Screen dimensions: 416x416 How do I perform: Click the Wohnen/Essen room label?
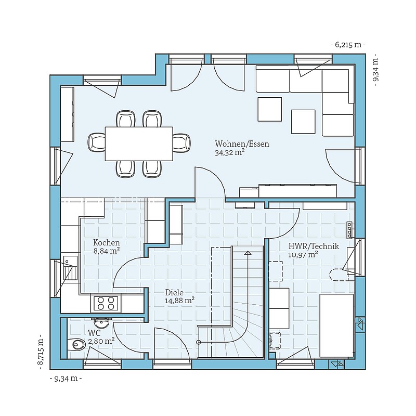242,144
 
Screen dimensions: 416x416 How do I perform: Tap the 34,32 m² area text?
229,152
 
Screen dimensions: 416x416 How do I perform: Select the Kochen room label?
107,242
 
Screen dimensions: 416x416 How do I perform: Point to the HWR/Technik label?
314,246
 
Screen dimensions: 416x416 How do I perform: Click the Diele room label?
174,292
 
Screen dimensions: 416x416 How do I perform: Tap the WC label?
94,333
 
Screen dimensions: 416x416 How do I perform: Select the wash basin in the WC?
101,322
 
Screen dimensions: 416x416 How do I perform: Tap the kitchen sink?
70,268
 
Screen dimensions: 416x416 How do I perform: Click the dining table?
139,144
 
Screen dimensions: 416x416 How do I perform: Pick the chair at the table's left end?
97,142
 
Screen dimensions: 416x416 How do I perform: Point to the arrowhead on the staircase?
248,253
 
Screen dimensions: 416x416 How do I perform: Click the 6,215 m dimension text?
348,45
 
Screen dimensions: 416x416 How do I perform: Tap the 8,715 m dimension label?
41,352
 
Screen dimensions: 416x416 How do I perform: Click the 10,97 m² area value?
303,255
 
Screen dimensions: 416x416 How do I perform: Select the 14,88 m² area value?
179,301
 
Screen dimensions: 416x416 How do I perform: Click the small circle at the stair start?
198,342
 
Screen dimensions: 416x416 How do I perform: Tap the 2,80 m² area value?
101,341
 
